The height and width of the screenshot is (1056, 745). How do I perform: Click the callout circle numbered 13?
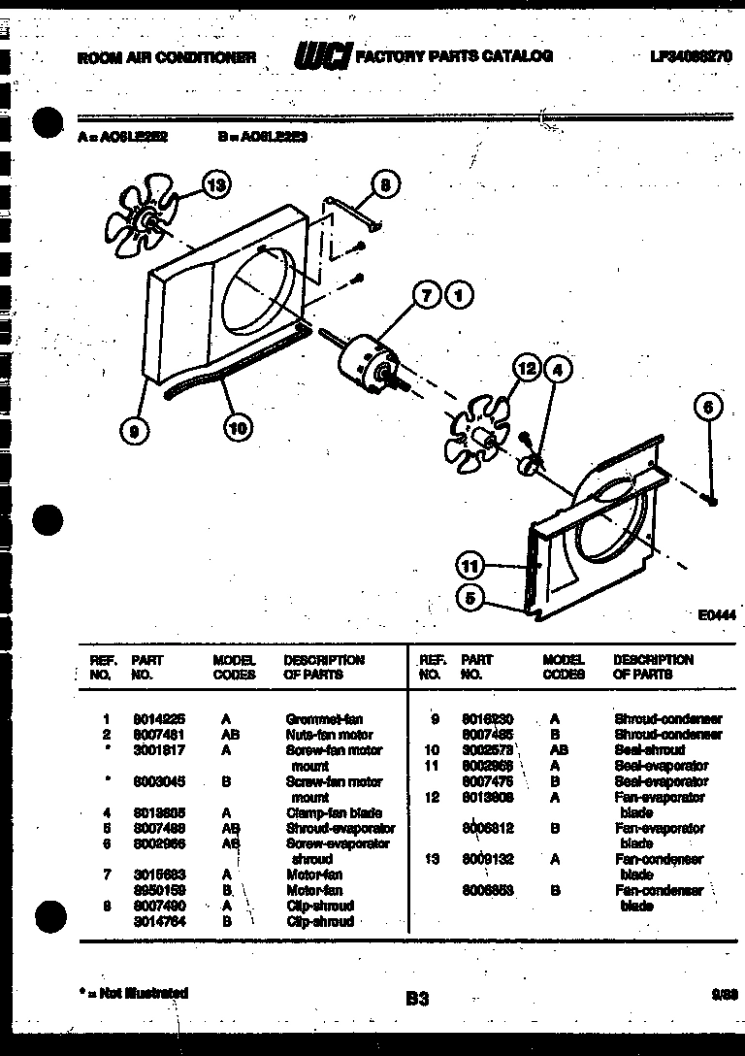coord(217,183)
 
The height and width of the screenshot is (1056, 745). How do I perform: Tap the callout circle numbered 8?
coord(385,183)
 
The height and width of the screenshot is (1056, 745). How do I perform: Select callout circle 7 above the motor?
coord(427,295)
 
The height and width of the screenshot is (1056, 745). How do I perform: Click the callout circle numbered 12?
coord(526,369)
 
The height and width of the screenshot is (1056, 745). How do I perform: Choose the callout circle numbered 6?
coord(709,409)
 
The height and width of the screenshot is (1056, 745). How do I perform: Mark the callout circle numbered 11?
coord(470,566)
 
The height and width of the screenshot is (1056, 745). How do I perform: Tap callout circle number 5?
coord(470,599)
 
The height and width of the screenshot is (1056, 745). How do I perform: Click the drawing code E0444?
coord(716,614)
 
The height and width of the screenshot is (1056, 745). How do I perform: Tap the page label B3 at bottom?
coord(417,998)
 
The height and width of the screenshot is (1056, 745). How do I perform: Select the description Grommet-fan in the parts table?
coord(324,719)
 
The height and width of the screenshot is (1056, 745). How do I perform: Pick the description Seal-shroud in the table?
coord(649,750)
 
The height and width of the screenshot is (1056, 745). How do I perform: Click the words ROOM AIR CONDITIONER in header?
coord(166,58)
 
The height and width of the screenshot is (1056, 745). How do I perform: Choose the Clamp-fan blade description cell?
coord(333,812)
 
